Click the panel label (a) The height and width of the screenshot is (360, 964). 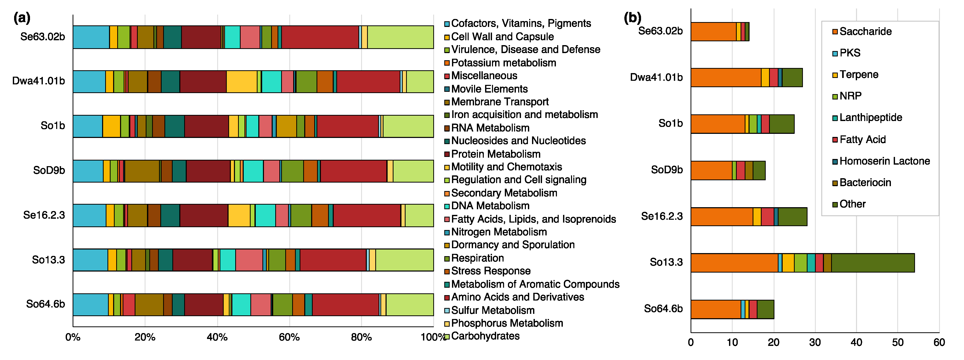coord(22,18)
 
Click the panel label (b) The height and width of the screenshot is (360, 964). coord(632,18)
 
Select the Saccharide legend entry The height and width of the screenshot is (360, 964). coord(865,32)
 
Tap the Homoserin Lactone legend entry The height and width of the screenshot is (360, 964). coord(884,161)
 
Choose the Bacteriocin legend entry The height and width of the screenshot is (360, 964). coord(865,183)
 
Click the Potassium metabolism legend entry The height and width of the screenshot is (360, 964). coord(503,63)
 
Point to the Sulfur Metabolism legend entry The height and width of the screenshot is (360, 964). coord(493,310)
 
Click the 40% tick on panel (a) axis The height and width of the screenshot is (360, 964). coord(217,337)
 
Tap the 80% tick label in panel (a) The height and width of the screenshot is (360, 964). coord(361,337)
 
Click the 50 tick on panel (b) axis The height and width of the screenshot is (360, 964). coord(897,342)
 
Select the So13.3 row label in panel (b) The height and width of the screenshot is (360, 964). coord(666,262)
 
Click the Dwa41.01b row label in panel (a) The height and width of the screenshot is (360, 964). coord(38,81)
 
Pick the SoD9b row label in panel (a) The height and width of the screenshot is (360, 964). coord(49,170)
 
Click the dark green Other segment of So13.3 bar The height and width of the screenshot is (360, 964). coord(873,263)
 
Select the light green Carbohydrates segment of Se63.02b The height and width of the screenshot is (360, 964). coord(400,37)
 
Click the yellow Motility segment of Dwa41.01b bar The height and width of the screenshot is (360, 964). coord(241,82)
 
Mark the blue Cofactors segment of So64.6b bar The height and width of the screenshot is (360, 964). coord(90,305)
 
